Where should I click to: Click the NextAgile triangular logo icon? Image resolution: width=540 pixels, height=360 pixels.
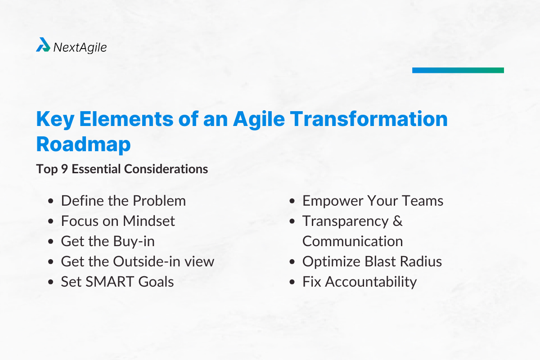tap(43, 45)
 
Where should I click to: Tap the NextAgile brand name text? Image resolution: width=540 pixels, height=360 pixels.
tap(80, 47)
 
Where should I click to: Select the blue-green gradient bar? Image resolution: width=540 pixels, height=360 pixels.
tap(458, 70)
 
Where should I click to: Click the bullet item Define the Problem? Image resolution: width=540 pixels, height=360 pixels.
tap(123, 201)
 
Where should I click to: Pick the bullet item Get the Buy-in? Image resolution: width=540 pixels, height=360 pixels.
tap(108, 241)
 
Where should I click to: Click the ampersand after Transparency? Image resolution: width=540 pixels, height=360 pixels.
tap(397, 221)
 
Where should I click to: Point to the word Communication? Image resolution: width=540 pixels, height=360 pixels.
tap(352, 241)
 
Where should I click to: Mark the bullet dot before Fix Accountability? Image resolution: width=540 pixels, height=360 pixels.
tap(293, 282)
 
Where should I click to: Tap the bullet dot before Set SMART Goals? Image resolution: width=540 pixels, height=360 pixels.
tap(52, 282)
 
